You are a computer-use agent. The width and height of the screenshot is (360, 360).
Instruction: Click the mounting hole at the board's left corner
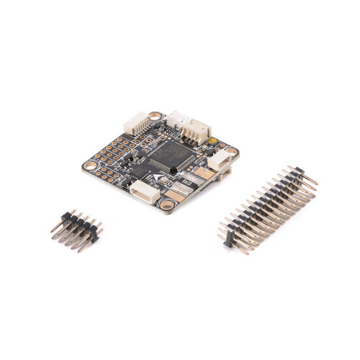[x=90, y=165]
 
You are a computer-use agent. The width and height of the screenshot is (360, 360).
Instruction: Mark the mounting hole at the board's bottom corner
[x=167, y=205]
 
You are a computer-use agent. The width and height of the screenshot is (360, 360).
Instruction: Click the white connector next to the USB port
[x=197, y=131]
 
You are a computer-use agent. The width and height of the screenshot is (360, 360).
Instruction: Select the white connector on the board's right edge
[x=217, y=163]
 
